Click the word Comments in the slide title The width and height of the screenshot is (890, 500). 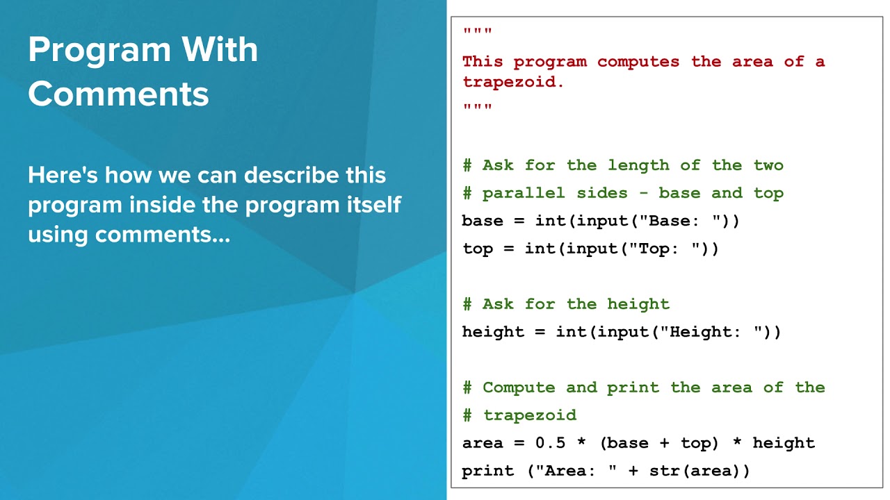118,93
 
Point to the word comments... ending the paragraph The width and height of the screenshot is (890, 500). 162,235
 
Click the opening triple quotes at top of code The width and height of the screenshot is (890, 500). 477,33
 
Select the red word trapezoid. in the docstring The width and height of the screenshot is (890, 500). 513,82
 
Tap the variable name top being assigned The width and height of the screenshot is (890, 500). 477,249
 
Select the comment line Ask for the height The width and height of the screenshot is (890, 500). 566,304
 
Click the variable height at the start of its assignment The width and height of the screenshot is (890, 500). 492,332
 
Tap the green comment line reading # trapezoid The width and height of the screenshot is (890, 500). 519,415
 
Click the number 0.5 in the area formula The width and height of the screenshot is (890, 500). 549,443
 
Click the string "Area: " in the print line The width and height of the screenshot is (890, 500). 575,471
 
